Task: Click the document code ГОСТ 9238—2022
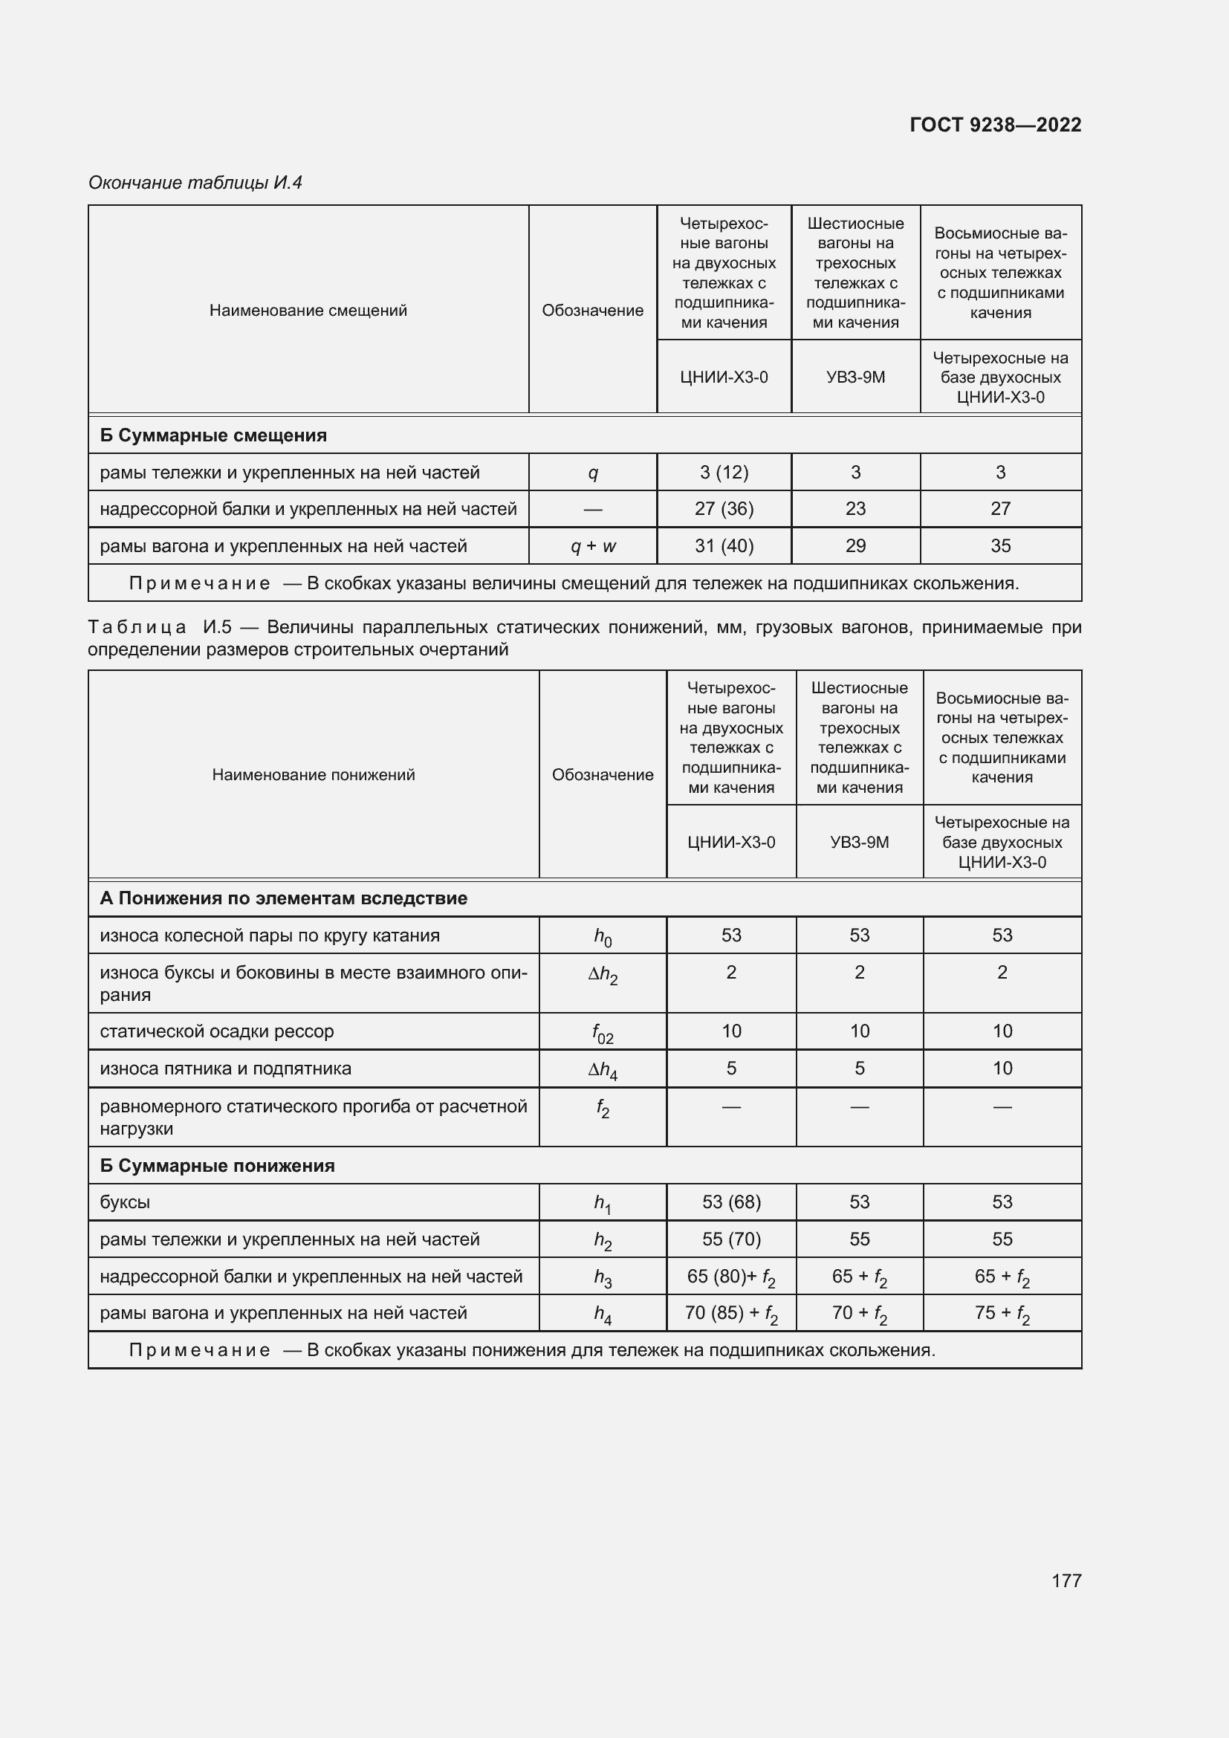tap(995, 125)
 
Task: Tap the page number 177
tap(1066, 1580)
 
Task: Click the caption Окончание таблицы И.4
tap(195, 183)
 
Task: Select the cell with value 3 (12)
tap(724, 473)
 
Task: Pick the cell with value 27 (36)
tap(724, 509)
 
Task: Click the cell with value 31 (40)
tap(724, 546)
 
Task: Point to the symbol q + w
tap(592, 546)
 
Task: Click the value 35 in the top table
tap(1000, 546)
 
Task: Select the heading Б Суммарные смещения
tap(213, 435)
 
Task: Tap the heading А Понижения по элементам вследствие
tap(283, 898)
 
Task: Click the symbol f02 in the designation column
tap(603, 1033)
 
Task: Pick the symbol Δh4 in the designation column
tap(603, 1069)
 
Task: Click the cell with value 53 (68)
tap(731, 1202)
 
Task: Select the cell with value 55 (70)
tap(731, 1239)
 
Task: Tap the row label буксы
tap(125, 1202)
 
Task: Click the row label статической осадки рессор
tap(216, 1031)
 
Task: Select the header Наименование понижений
tap(314, 774)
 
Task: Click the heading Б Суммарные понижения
tap(217, 1166)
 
